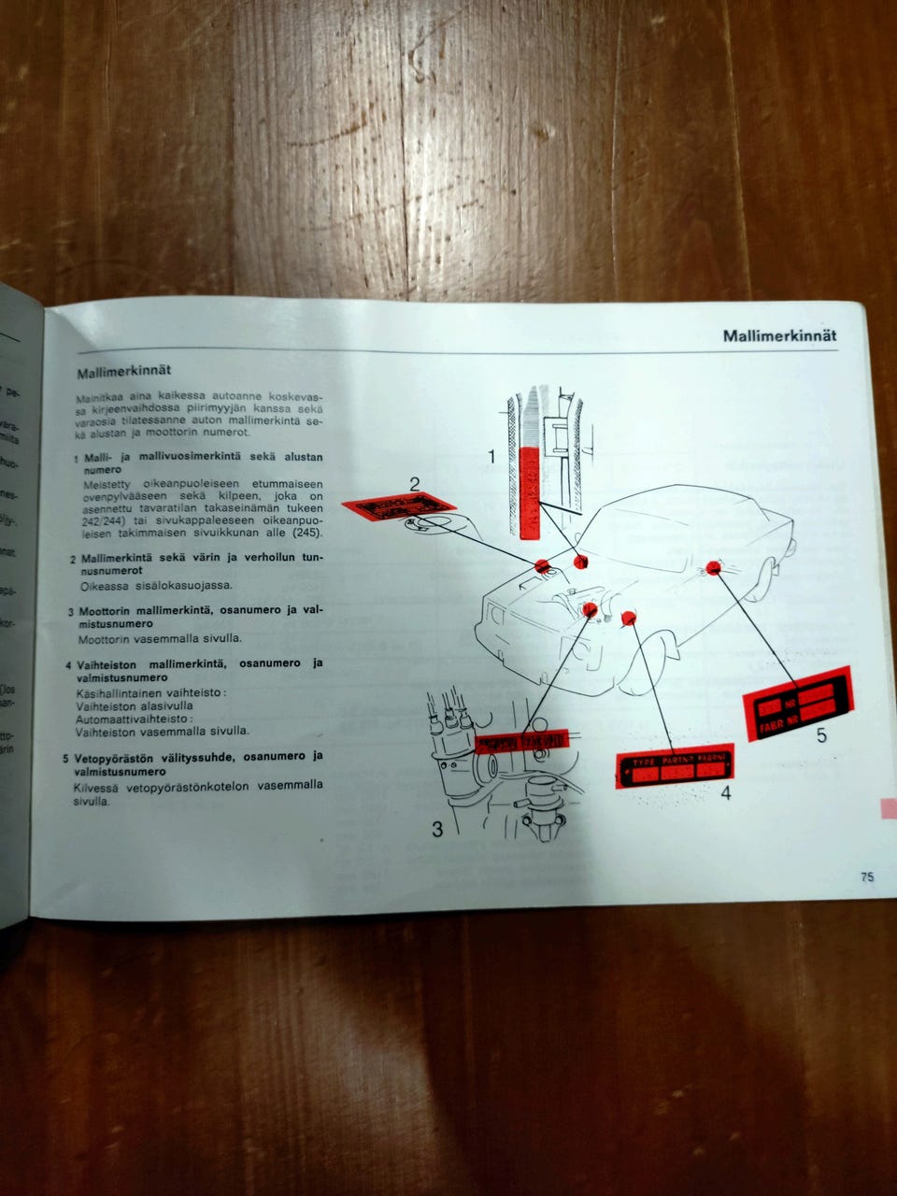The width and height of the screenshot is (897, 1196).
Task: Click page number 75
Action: pos(866,877)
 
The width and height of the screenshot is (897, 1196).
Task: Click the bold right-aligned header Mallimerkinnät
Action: pos(779,336)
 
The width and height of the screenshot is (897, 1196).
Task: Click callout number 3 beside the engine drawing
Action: pos(436,828)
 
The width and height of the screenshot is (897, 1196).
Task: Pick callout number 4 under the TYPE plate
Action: pos(725,793)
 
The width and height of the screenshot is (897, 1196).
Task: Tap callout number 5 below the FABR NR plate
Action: pos(820,735)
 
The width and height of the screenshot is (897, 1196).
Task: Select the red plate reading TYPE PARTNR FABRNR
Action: pos(676,767)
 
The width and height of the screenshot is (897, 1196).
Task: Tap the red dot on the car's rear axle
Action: pos(714,566)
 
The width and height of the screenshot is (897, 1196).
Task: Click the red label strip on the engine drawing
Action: pos(520,742)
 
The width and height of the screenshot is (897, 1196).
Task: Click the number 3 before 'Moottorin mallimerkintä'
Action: pos(70,613)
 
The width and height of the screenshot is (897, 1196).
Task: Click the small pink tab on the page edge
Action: pos(888,807)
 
